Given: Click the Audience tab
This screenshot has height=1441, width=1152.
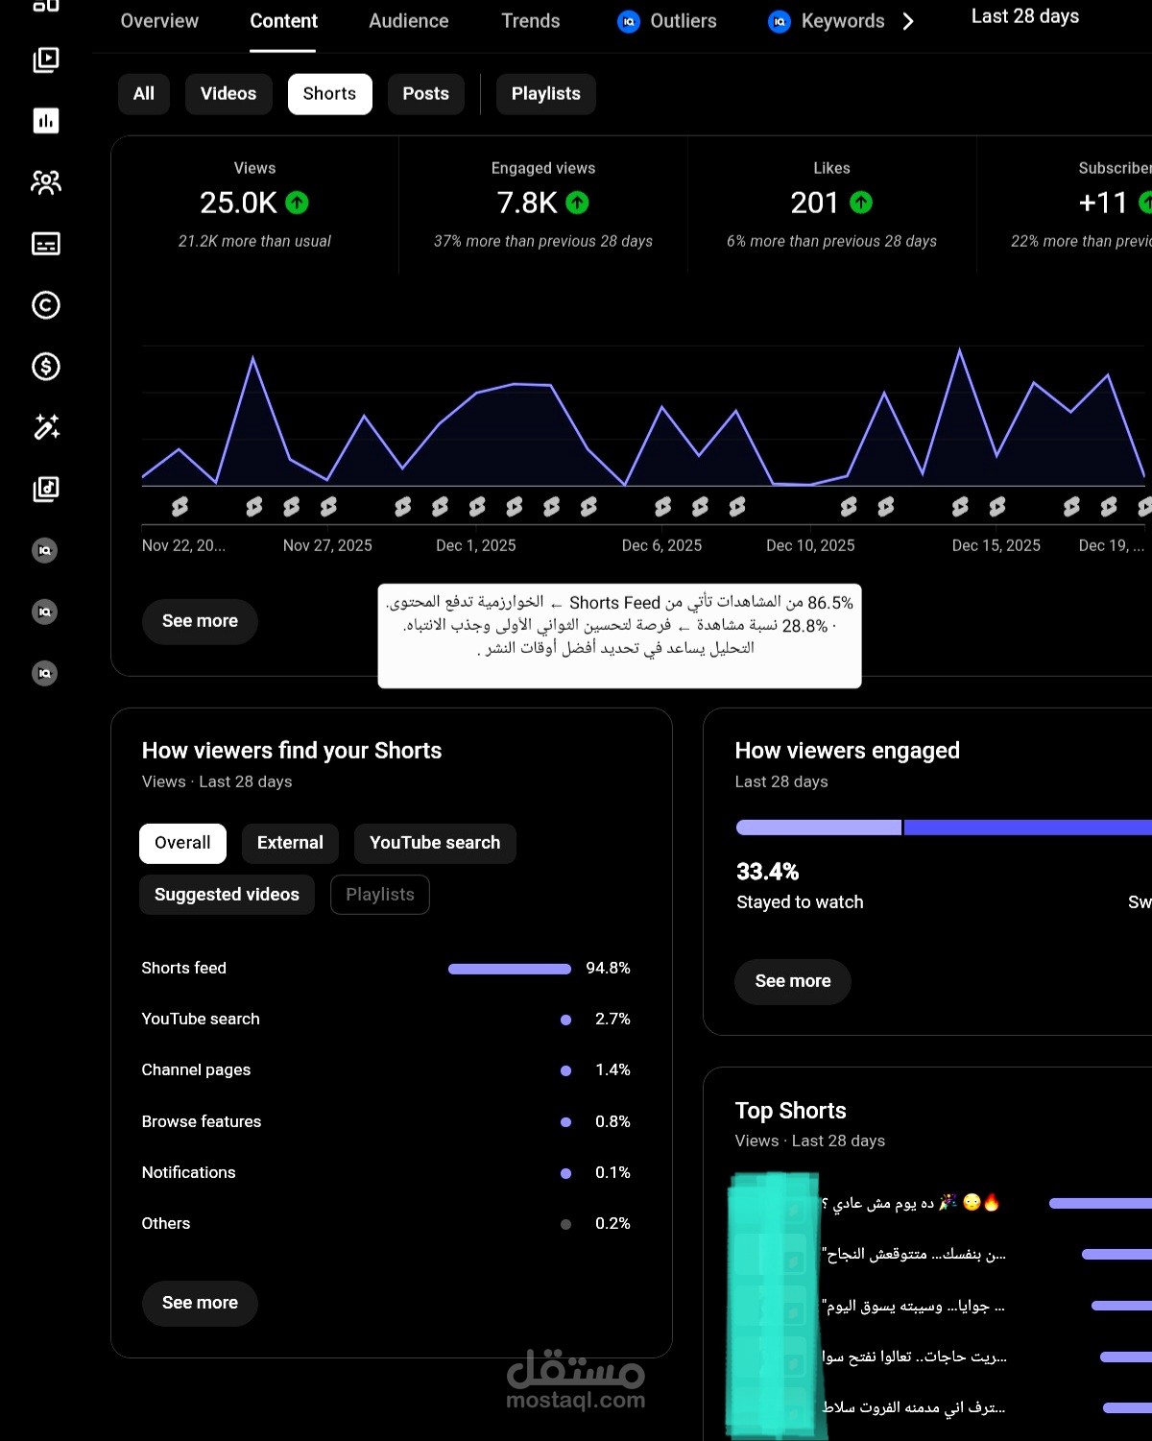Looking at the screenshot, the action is click(409, 21).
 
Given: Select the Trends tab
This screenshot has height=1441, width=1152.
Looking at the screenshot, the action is click(531, 21).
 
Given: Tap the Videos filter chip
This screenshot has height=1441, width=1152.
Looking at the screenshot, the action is click(228, 94).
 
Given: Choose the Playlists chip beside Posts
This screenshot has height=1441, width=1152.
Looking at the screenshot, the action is click(546, 94).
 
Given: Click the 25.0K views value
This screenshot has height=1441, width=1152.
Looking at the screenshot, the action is click(238, 203).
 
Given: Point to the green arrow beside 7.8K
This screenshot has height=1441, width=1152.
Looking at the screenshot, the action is click(577, 203).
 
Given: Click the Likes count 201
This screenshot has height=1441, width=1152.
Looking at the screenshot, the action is click(814, 203).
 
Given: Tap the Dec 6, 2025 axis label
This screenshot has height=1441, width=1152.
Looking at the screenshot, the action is click(661, 545).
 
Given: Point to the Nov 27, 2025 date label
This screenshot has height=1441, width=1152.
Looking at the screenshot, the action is click(327, 545).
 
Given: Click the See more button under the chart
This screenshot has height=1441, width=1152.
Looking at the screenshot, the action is click(200, 621).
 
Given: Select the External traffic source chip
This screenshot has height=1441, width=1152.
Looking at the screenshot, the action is click(290, 842).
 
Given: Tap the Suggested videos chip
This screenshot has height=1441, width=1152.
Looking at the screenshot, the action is click(228, 894).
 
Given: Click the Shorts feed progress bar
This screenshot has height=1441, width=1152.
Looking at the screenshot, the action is click(510, 969).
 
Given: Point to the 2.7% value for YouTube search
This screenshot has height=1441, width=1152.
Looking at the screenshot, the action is click(612, 1019).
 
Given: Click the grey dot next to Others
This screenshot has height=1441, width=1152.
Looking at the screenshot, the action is click(566, 1224).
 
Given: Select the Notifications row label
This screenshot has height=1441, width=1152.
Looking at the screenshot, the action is click(189, 1172).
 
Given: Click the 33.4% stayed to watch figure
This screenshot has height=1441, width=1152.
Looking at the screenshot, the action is click(768, 871).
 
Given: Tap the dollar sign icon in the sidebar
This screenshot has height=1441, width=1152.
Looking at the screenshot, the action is click(45, 367).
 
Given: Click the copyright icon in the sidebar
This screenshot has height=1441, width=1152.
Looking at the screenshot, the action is click(45, 304).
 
